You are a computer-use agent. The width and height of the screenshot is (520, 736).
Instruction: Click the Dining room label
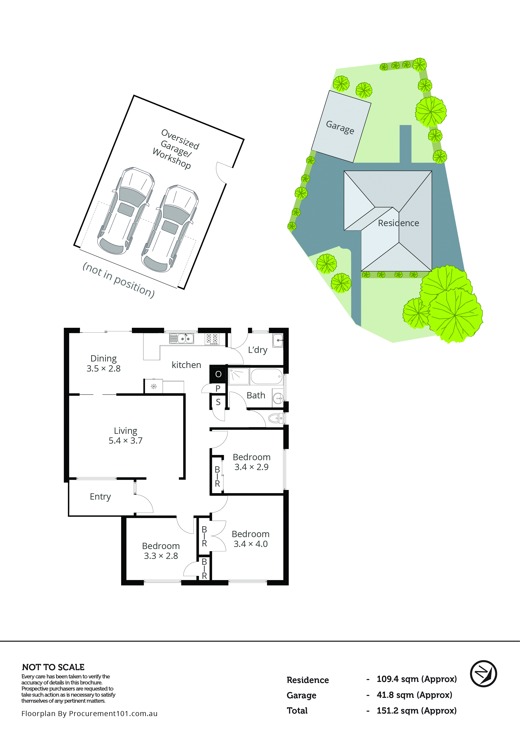103,363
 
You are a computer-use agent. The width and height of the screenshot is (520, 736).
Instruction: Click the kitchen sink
182,338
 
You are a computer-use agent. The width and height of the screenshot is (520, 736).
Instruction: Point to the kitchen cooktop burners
212,339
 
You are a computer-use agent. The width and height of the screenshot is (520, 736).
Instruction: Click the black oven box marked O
218,374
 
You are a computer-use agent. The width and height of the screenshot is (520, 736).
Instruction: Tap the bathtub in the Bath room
266,376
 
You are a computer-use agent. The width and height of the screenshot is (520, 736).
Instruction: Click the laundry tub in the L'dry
278,340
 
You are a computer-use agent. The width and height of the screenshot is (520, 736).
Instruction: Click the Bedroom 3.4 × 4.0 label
250,539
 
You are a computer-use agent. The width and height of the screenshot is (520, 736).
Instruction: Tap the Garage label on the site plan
340,127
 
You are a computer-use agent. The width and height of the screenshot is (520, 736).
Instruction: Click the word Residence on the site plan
398,223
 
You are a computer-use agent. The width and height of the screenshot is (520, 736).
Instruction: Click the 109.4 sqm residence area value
416,679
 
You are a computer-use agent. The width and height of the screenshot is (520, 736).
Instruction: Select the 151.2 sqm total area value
416,711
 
